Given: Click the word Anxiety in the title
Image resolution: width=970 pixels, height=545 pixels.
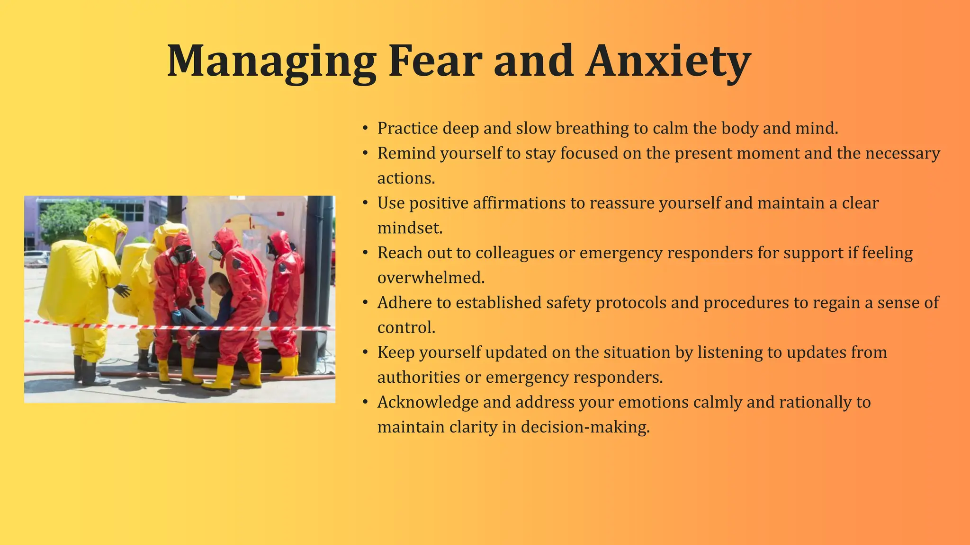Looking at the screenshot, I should (668, 62).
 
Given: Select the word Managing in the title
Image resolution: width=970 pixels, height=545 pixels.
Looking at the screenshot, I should (271, 62).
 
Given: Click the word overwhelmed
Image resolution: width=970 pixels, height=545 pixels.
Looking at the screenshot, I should (431, 278).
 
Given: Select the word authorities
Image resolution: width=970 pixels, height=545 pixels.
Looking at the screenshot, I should (419, 378).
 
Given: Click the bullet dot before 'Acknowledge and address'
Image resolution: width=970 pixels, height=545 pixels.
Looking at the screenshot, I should (365, 403).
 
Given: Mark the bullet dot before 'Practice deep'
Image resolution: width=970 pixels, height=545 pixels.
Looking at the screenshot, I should (365, 128).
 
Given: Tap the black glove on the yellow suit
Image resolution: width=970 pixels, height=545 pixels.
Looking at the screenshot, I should (123, 290).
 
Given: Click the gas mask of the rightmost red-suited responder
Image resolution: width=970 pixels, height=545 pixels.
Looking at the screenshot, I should (272, 249).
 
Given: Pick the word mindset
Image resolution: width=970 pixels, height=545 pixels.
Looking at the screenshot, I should (410, 228).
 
